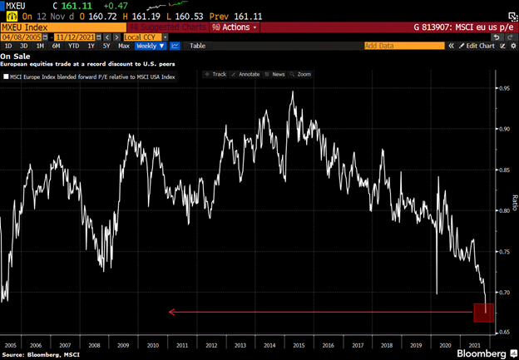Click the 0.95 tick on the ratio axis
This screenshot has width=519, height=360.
[x=504, y=87]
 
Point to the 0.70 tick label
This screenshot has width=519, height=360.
[x=504, y=293]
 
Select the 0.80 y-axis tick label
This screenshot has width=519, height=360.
[x=504, y=210]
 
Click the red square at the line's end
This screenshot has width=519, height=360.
[x=483, y=313]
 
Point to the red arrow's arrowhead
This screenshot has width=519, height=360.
[x=171, y=313]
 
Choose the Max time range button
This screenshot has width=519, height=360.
[x=124, y=46]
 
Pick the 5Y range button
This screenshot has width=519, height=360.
[x=106, y=46]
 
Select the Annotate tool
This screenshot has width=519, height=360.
[x=249, y=74]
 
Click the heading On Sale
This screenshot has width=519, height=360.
[x=16, y=55]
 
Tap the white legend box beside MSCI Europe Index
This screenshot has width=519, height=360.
[x=6, y=76]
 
